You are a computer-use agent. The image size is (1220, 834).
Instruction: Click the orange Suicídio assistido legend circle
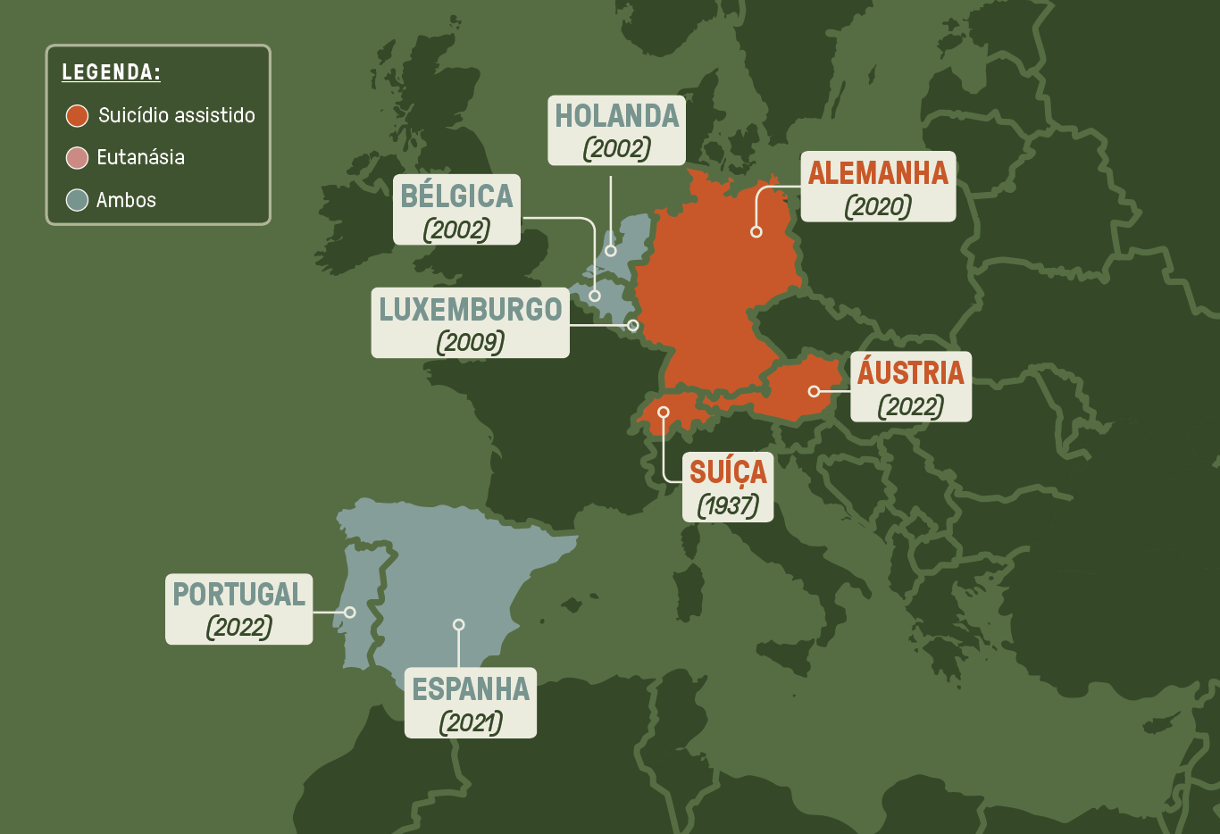pos(77,115)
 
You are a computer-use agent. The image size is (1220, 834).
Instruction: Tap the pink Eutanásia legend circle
pos(77,158)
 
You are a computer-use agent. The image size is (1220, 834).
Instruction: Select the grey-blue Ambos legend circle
pos(77,200)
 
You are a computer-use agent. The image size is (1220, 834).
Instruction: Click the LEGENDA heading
pos(111,72)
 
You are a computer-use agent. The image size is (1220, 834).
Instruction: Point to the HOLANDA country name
pos(617,116)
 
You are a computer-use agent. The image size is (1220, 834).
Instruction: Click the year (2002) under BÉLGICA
pos(456,229)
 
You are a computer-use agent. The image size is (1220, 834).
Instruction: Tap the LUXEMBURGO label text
pos(471,309)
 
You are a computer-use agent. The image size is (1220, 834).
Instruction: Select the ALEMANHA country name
pos(878,172)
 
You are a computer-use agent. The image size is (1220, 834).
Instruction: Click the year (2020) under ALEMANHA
pos(878,206)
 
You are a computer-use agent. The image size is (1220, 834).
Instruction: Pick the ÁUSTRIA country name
pos(911,372)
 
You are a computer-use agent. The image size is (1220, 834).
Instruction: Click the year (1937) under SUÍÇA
pos(728,505)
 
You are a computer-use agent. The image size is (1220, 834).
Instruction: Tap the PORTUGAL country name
pos(239,594)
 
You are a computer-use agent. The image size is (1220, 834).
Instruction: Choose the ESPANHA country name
pos(471,689)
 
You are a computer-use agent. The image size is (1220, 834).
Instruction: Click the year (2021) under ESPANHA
pos(471,721)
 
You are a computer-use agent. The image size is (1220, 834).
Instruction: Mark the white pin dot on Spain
pos(458,625)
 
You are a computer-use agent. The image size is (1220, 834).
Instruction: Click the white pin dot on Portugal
pos(350,613)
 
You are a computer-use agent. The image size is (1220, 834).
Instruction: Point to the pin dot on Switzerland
pos(664,413)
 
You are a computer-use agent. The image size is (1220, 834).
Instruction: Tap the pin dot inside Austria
pos(814,391)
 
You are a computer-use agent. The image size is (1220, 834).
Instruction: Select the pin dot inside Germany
pos(756,232)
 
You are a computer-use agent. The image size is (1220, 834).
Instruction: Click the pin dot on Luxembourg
pos(633,325)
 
